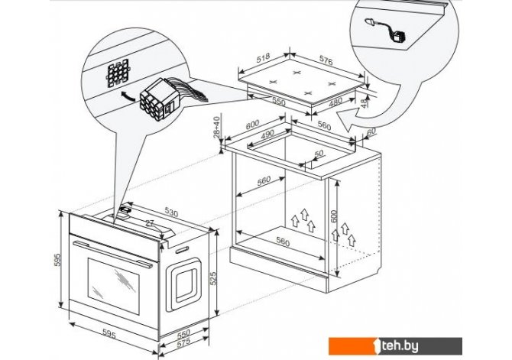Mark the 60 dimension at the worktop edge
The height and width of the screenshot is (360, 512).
coord(372,132)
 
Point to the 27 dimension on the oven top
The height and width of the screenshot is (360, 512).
coord(151,224)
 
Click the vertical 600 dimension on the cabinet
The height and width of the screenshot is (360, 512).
coord(333,216)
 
